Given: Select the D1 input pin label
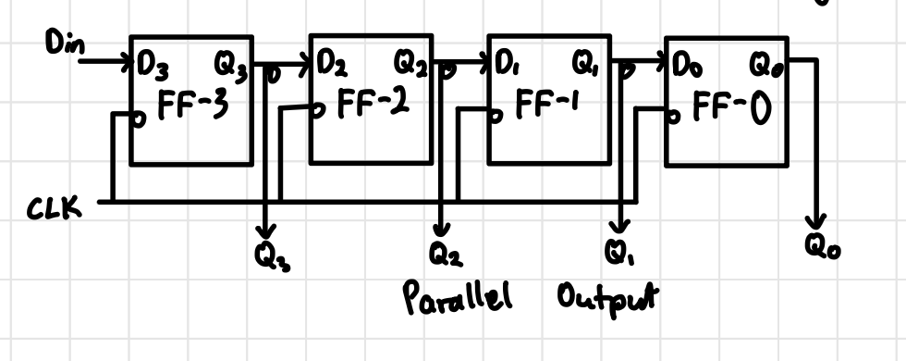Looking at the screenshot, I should pyautogui.click(x=507, y=66).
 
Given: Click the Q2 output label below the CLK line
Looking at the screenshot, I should pyautogui.click(x=442, y=252).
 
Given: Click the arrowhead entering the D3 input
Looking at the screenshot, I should pyautogui.click(x=129, y=64).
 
